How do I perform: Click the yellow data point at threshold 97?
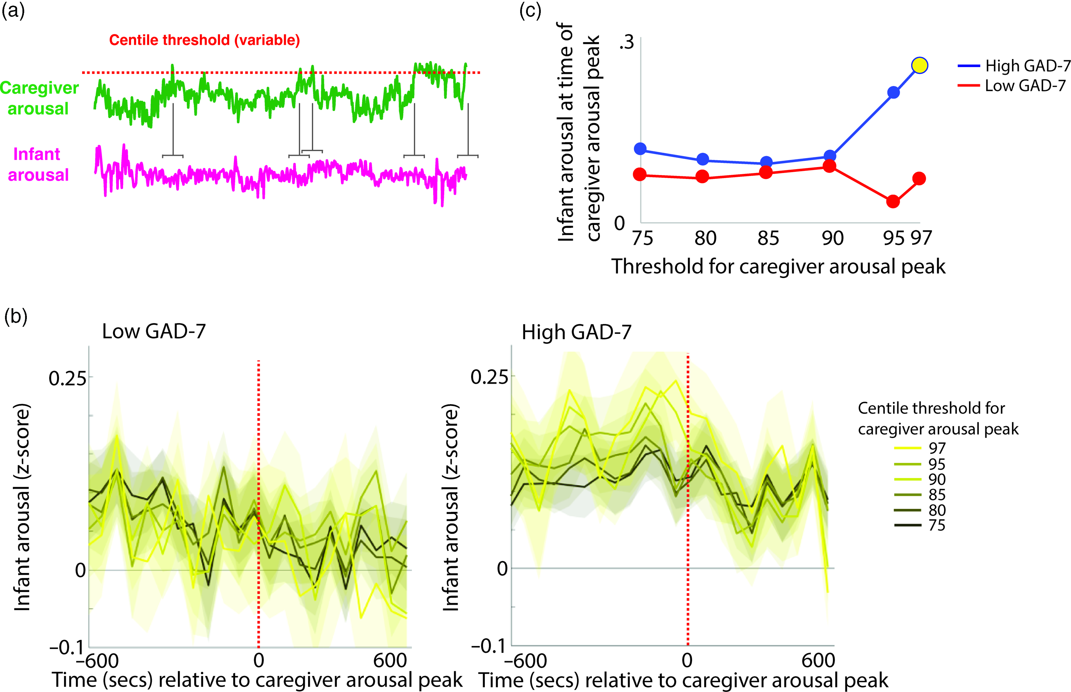pyautogui.click(x=920, y=66)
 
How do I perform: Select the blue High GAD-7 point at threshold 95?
pyautogui.click(x=894, y=93)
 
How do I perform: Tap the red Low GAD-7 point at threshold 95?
pyautogui.click(x=893, y=201)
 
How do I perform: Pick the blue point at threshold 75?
pyautogui.click(x=640, y=149)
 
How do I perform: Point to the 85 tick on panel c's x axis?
pyautogui.click(x=768, y=238)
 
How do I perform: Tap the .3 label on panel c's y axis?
pyautogui.click(x=626, y=42)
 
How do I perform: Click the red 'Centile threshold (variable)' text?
pyautogui.click(x=204, y=40)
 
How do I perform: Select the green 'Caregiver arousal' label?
pyautogui.click(x=39, y=98)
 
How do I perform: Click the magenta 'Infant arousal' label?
pyautogui.click(x=38, y=164)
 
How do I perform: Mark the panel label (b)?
pyautogui.click(x=16, y=317)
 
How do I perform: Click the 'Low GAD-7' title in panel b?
pyautogui.click(x=154, y=332)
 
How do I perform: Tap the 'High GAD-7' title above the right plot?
pyautogui.click(x=577, y=332)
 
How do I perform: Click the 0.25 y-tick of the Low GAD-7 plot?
pyautogui.click(x=67, y=379)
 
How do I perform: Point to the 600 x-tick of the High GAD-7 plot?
pyautogui.click(x=818, y=660)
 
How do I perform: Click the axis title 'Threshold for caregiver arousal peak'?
pyautogui.click(x=778, y=267)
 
